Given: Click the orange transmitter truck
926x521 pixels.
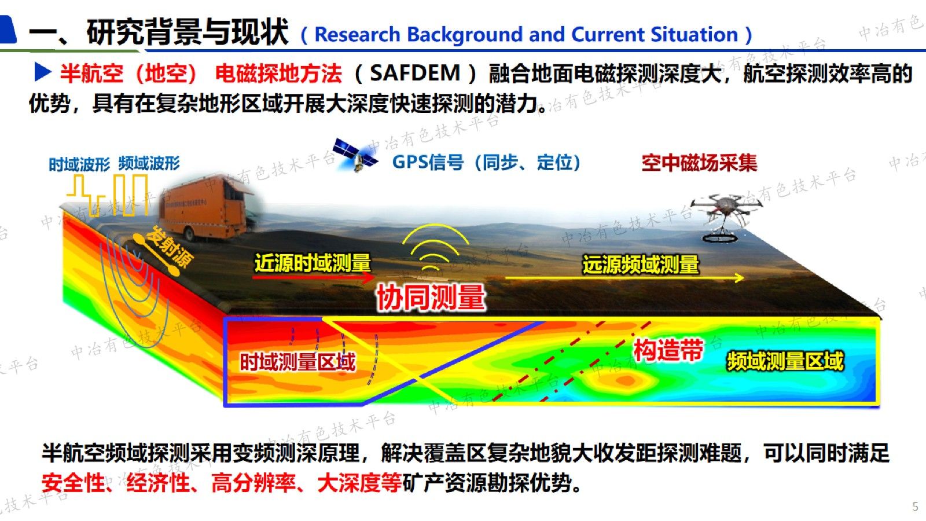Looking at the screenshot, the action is pyautogui.click(x=207, y=209).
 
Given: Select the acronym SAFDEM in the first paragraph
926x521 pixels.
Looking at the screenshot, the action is pyautogui.click(x=415, y=73).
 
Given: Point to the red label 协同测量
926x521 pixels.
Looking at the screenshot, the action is pyautogui.click(x=431, y=297).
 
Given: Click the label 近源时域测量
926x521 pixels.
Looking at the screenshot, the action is pyautogui.click(x=313, y=263).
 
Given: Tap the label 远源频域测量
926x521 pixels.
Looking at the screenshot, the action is pyautogui.click(x=640, y=265).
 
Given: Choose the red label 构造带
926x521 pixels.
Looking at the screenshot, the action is pyautogui.click(x=668, y=350).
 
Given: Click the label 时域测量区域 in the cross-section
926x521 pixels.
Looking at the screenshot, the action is pyautogui.click(x=297, y=362).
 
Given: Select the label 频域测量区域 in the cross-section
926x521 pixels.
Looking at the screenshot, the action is pyautogui.click(x=785, y=361).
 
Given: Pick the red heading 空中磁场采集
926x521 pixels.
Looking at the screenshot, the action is pyautogui.click(x=700, y=163).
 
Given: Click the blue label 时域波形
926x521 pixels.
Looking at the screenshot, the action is pyautogui.click(x=79, y=164).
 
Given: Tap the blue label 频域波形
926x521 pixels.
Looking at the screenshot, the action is pyautogui.click(x=149, y=163).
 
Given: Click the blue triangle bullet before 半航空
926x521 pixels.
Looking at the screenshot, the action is pyautogui.click(x=43, y=72).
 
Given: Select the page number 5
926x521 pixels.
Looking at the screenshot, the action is pyautogui.click(x=915, y=507).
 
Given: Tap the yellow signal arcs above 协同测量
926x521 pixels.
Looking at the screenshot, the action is pyautogui.click(x=435, y=247).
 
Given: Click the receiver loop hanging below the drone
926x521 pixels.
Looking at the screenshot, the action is pyautogui.click(x=720, y=238).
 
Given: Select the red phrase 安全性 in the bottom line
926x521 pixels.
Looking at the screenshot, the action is pyautogui.click(x=73, y=483).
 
